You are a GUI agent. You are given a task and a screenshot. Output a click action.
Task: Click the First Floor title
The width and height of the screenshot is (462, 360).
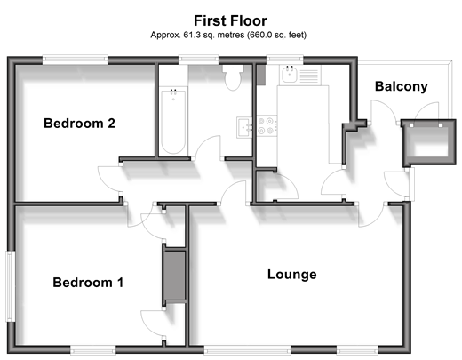click(x=230, y=20)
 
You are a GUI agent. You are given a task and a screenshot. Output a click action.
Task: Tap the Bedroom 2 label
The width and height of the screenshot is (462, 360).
click(x=79, y=124)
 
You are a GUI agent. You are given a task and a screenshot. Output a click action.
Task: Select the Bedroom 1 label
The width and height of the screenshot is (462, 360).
click(x=88, y=283)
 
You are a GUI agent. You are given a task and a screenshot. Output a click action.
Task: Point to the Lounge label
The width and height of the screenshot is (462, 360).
click(x=292, y=275)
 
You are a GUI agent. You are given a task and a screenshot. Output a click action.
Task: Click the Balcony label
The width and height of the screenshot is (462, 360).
click(x=402, y=86)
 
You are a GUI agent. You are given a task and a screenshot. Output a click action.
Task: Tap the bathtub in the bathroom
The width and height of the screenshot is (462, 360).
click(x=173, y=122)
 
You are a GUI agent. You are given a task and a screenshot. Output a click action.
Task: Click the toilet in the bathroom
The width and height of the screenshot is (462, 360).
click(x=233, y=77)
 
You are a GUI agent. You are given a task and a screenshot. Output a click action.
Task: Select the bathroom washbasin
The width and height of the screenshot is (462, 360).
click(x=244, y=127)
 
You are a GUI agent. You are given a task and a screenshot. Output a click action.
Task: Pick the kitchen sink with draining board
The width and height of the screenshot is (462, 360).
click(x=300, y=75)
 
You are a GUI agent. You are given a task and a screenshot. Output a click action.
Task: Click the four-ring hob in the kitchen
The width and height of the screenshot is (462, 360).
click(x=267, y=125)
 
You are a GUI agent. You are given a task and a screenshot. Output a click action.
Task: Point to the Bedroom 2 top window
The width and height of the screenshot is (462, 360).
click(x=75, y=60)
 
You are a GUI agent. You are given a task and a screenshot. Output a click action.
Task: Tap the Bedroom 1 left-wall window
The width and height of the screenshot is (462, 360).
click(x=11, y=286)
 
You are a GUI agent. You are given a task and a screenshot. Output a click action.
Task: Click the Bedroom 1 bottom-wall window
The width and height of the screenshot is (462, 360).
click(x=93, y=349)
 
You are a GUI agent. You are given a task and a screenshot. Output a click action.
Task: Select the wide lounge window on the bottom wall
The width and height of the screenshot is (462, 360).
click(x=247, y=349)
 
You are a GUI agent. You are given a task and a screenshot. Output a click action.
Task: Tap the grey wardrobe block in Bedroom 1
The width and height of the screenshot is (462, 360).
click(x=174, y=276)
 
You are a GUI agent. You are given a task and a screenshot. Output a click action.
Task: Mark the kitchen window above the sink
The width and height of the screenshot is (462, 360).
click(x=285, y=60)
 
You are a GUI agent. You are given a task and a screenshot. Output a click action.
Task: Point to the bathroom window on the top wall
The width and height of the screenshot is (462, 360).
click(x=198, y=60)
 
